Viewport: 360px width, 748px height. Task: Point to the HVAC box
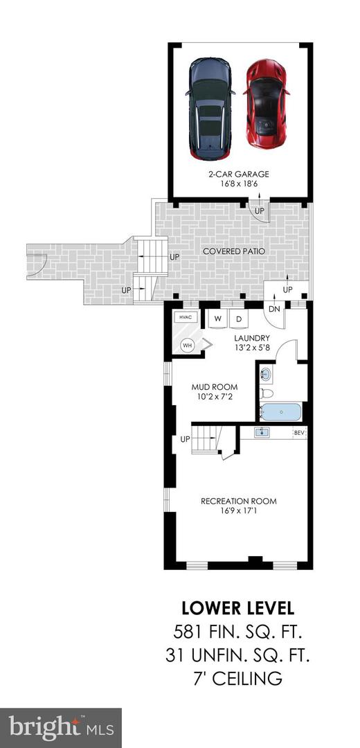[185, 317]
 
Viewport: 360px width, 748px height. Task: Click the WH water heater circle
[187, 344]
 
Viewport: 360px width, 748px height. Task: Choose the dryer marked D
[239, 319]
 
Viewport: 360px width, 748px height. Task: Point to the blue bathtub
[280, 412]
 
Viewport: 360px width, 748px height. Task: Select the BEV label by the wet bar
[299, 433]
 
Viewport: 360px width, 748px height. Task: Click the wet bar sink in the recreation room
[262, 433]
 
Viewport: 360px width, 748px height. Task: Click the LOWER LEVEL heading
[238, 609]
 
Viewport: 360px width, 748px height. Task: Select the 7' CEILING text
[238, 679]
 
